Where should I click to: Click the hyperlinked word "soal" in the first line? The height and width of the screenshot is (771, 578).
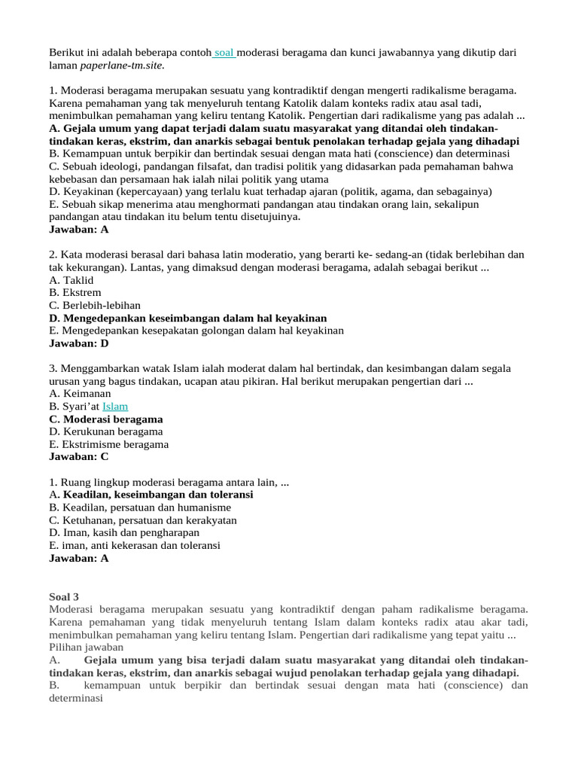click(225, 53)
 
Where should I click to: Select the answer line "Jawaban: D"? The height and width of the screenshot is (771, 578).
click(79, 343)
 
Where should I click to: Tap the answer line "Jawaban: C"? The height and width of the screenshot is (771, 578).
click(79, 456)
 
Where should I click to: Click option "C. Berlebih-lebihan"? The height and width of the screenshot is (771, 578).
click(95, 305)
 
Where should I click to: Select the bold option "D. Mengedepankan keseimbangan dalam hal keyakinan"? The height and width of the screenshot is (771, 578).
click(188, 318)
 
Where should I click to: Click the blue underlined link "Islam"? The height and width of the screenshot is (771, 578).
click(115, 407)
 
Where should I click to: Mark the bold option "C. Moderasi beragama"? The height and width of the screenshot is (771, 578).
click(106, 419)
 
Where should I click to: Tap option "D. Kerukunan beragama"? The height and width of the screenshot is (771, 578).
click(106, 431)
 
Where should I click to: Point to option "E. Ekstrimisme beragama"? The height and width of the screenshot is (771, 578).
click(109, 444)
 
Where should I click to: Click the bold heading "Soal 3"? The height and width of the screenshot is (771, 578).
click(64, 596)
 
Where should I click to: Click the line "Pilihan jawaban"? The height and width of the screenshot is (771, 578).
click(86, 647)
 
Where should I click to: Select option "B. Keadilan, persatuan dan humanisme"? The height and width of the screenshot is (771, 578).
click(140, 507)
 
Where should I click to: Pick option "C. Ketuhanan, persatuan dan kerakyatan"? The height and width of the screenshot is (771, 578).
click(143, 520)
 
